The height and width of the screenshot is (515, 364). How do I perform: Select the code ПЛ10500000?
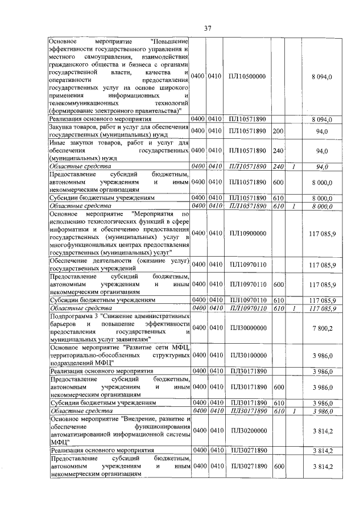click(x=248, y=76)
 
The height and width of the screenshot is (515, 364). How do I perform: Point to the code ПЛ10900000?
click(x=248, y=233)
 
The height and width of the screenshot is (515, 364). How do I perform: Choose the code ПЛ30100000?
click(x=248, y=355)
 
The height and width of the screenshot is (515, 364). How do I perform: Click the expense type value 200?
click(x=278, y=131)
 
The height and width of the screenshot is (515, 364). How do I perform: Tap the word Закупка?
click(x=63, y=127)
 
